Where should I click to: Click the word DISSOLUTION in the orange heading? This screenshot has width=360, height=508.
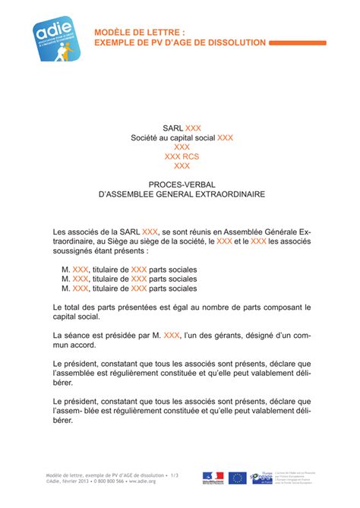pyautogui.click(x=232, y=43)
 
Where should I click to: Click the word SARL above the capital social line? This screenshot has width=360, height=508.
pyautogui.click(x=173, y=128)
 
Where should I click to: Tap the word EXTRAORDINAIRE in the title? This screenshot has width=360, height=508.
pyautogui.click(x=227, y=194)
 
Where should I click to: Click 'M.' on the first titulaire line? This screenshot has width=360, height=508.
pyautogui.click(x=66, y=270)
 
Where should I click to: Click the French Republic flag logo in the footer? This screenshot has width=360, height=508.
pyautogui.click(x=213, y=477)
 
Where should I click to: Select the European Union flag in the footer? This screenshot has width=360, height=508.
pyautogui.click(x=238, y=477)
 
